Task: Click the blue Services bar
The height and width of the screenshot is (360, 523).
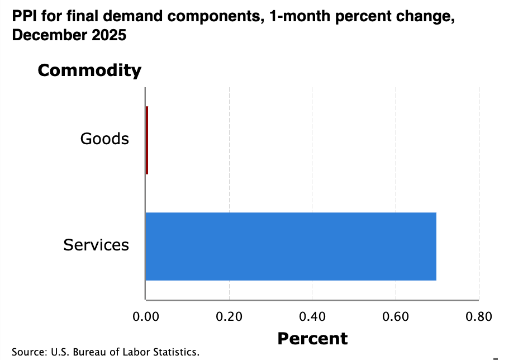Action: (291, 246)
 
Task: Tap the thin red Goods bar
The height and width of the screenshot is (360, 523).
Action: (147, 140)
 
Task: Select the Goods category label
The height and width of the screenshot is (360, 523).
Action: (104, 139)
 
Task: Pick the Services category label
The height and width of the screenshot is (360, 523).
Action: (96, 245)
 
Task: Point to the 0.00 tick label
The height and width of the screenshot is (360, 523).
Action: (145, 317)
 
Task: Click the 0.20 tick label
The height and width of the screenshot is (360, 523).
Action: (229, 317)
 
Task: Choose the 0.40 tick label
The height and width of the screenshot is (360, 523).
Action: (312, 317)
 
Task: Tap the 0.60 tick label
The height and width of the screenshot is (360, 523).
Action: (396, 317)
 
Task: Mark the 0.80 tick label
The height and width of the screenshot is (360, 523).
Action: (479, 317)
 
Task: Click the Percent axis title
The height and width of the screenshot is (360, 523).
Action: (312, 338)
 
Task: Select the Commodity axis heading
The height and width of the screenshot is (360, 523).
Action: (89, 70)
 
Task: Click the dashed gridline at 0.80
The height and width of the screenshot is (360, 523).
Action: (479, 190)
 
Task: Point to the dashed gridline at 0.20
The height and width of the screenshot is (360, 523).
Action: (229, 190)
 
